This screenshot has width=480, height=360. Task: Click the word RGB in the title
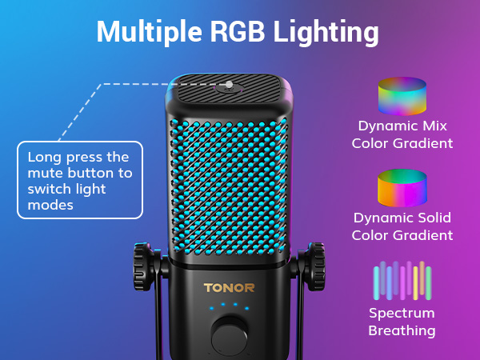tap(238, 31)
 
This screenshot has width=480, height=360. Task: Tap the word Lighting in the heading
tap(326, 33)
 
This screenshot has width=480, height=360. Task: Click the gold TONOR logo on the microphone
tap(229, 288)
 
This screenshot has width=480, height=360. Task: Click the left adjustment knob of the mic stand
tap(143, 266)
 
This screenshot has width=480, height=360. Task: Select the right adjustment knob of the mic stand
tap(314, 266)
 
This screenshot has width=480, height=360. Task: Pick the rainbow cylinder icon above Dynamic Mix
tap(402, 96)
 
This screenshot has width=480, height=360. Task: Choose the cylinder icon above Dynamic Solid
tap(402, 188)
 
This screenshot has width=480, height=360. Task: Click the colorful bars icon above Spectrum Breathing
tap(402, 281)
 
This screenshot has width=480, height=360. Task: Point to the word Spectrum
tap(402, 314)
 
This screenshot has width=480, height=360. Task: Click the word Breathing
tap(402, 331)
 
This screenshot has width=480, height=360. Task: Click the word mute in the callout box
tap(46, 174)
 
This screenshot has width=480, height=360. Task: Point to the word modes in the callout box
tap(50, 205)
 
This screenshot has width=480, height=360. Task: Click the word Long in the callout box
tap(44, 158)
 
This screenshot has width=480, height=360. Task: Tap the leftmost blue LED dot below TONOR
tap(211, 308)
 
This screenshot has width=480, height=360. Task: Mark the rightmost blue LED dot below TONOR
tap(246, 308)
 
